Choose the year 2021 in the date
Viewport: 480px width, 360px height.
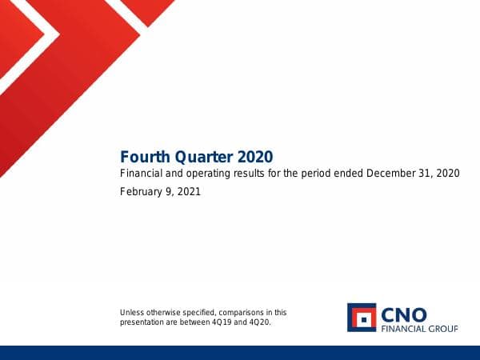188,192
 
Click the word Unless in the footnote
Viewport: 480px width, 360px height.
131,313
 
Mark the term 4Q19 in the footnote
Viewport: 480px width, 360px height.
227,322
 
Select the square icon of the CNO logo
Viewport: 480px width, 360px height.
362,317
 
